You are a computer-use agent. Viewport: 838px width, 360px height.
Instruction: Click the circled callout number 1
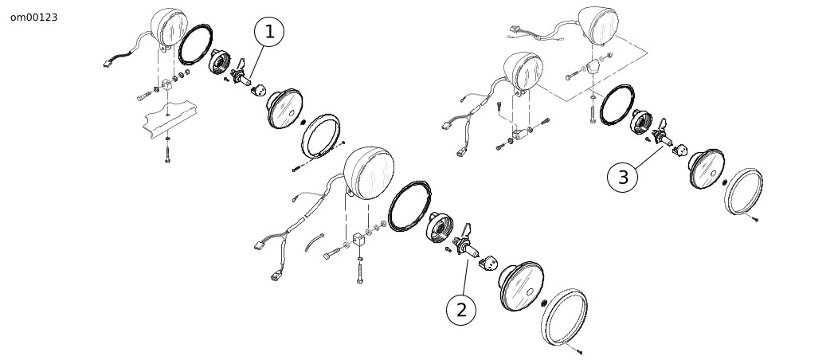coord(268,32)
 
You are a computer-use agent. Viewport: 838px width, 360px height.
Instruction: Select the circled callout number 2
coord(461,310)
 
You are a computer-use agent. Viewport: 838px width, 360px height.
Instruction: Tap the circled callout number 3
coord(623,178)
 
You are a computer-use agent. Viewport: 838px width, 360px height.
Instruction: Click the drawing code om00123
coord(33,18)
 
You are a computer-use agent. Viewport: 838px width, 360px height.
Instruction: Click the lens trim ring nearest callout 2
coord(564,317)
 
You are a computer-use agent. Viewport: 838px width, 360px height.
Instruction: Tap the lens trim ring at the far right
coord(743,191)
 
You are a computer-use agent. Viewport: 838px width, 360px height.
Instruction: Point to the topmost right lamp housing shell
coord(598,25)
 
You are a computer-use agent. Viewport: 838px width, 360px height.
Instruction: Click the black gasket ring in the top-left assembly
coord(196,45)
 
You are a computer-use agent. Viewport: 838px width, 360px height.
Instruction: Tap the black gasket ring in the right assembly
coord(617,105)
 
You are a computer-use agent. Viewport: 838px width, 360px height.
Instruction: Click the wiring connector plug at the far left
coord(109,63)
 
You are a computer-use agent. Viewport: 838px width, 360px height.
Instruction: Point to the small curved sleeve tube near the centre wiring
coord(314,241)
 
